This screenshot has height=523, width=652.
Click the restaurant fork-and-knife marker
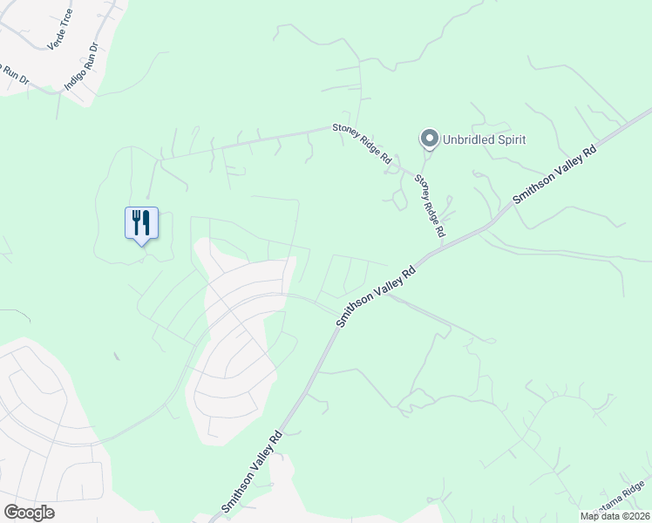click(141, 223)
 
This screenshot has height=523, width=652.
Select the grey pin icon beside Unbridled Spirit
click(429, 139)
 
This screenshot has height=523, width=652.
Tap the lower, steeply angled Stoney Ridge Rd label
click(430, 207)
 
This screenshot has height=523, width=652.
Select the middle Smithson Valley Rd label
click(377, 295)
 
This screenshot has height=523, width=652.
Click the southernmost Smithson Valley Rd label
click(251, 472)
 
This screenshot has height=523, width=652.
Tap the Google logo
click(29, 512)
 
